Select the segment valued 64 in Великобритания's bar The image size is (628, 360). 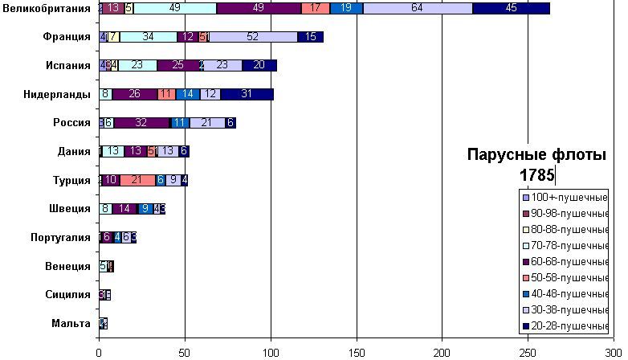417,8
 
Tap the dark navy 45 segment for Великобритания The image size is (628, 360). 511,8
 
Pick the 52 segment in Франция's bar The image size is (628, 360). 252,37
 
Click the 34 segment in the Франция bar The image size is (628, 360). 148,37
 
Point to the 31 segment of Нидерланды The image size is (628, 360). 247,94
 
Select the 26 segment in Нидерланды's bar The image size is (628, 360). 134,94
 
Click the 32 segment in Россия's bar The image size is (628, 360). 141,123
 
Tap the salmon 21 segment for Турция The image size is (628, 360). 137,180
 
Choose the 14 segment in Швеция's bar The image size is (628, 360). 124,209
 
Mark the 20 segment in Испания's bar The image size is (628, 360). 259,66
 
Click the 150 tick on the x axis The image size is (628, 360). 356,351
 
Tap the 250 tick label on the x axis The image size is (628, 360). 527,351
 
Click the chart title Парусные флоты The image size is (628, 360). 537,155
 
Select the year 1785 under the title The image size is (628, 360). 536,174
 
